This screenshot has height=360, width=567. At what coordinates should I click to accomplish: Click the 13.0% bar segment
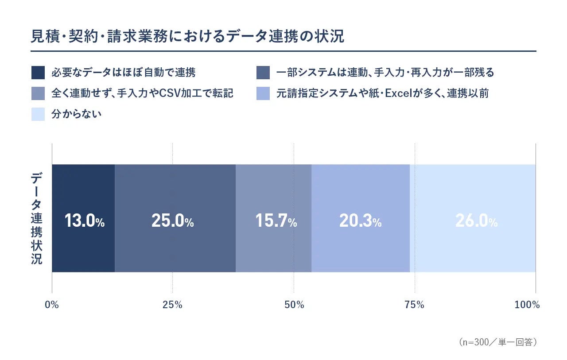tap(83, 218)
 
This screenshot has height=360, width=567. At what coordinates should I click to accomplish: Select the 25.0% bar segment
tap(175, 218)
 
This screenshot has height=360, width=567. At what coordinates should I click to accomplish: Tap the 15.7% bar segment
tap(274, 218)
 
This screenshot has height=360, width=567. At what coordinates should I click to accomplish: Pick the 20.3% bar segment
tap(361, 218)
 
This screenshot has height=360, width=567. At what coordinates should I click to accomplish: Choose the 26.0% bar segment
tap(473, 218)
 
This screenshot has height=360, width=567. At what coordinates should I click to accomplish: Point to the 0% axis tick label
tap(52, 305)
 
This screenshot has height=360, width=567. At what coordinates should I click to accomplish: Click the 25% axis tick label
tap(172, 305)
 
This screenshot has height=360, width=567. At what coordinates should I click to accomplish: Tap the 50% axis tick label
tap(294, 305)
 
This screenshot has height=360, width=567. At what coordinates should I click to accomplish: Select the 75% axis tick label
tap(414, 305)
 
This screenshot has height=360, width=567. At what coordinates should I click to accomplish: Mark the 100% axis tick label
tap(527, 305)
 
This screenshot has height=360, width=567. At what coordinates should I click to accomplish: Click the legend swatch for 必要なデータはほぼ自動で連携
tap(38, 73)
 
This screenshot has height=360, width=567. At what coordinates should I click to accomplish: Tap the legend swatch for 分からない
tap(38, 114)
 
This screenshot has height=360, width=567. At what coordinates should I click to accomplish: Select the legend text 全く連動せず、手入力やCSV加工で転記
tap(142, 93)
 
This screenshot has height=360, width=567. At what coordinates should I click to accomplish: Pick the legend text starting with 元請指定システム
tap(382, 93)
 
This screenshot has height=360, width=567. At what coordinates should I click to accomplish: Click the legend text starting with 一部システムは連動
tap(385, 73)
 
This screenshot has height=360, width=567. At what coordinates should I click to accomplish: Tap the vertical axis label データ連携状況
tap(36, 218)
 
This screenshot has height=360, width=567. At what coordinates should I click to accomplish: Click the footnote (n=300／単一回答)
tap(497, 342)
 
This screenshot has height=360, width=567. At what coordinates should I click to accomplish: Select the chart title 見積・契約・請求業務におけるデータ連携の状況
tap(187, 36)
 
